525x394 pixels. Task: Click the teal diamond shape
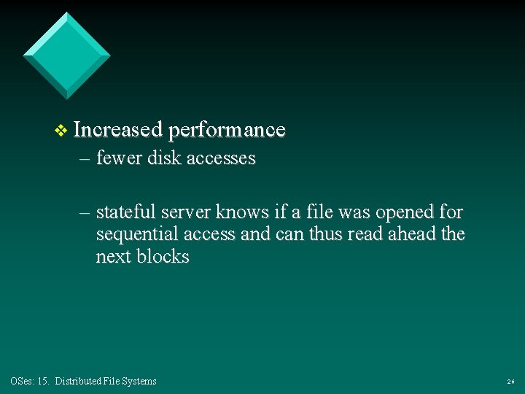pos(66,55)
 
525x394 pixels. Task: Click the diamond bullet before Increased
pos(61,131)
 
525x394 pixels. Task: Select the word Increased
pos(117,130)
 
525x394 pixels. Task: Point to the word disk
pos(165,158)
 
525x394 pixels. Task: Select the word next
pos(112,257)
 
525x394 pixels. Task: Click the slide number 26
pos(510,382)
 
